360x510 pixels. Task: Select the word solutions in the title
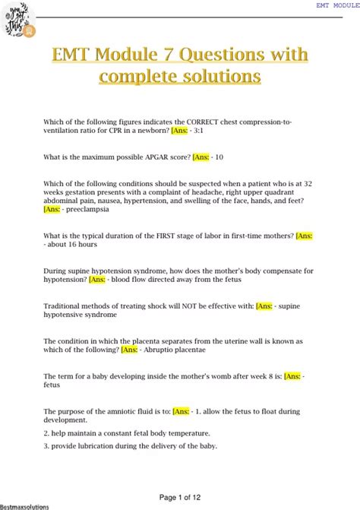tap(220, 76)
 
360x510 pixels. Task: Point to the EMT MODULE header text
tap(337, 5)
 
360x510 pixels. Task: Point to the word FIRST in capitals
tap(166, 236)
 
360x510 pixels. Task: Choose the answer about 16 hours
tap(76, 245)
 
